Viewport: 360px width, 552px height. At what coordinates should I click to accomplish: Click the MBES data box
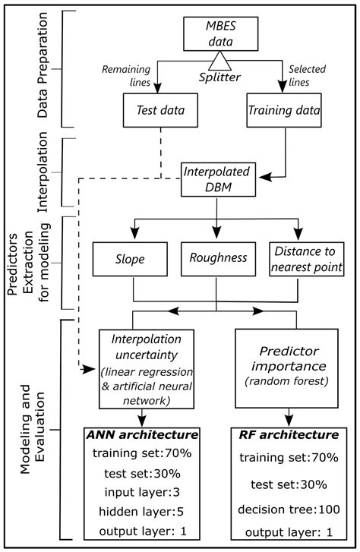pos(216,32)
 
